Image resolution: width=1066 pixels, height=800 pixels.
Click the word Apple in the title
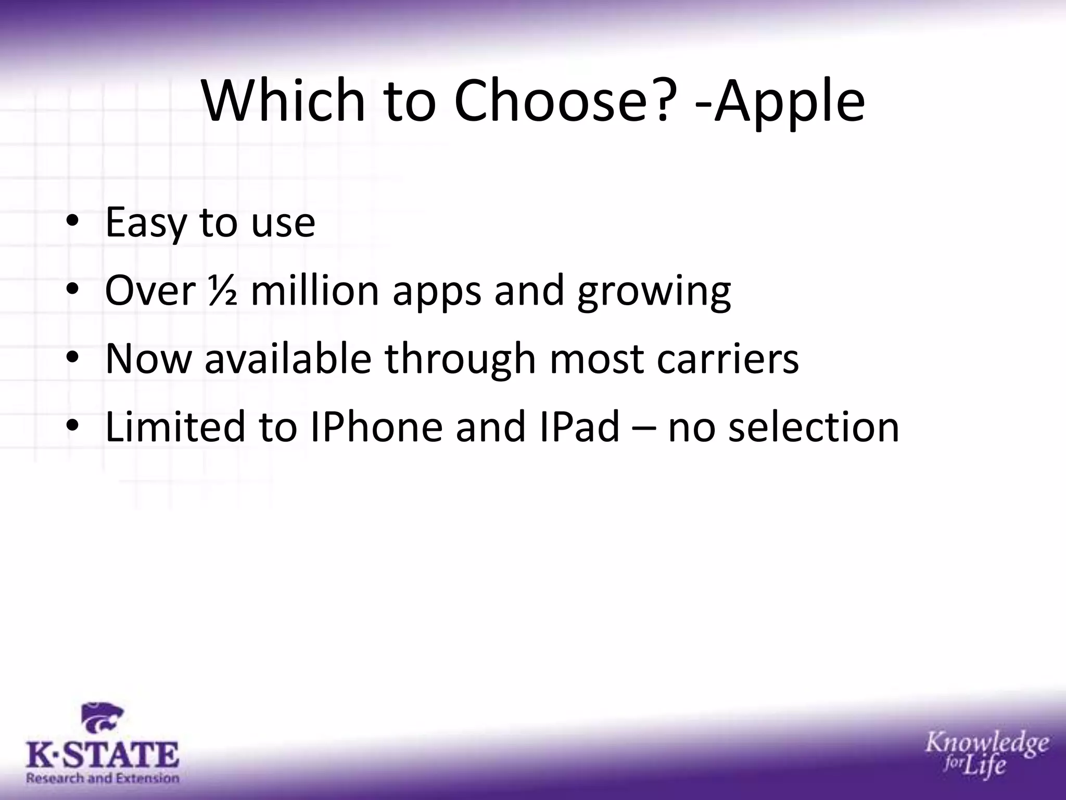pos(790,102)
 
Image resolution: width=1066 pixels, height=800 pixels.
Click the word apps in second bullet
pos(437,292)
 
